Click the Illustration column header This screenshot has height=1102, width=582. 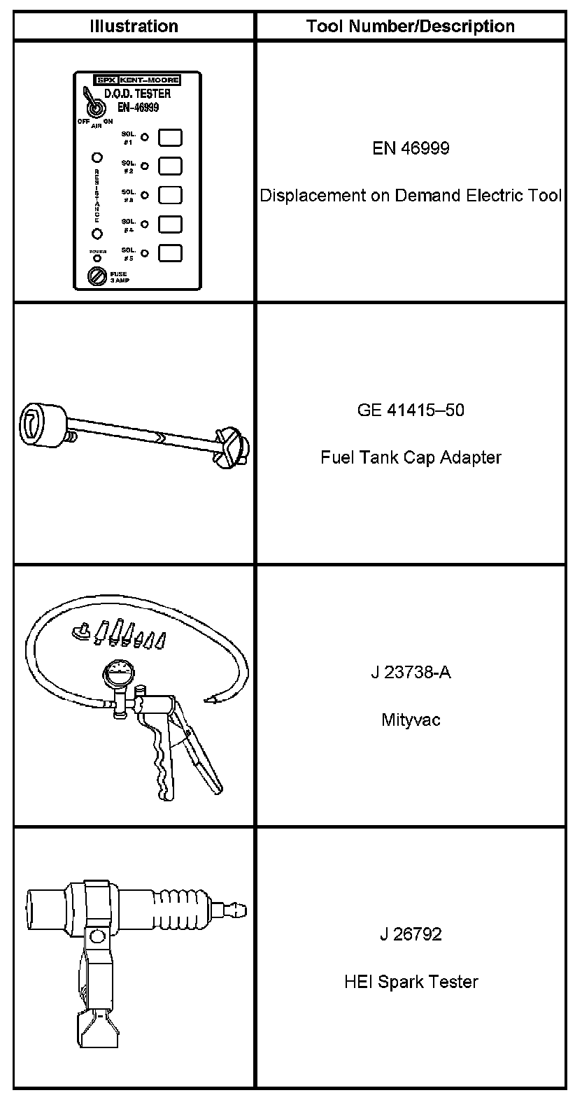point(134,27)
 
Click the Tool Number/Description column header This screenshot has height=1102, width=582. point(411,27)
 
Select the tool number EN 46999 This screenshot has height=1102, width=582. point(411,148)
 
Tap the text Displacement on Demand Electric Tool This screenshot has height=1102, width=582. point(411,196)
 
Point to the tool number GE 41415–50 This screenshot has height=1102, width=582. point(411,410)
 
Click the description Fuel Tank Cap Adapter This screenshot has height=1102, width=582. point(411,457)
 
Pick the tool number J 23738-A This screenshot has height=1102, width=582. point(411,673)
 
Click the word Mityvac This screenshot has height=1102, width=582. point(411,720)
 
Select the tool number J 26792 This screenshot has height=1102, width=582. point(411,934)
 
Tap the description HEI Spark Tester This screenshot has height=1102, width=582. point(411,982)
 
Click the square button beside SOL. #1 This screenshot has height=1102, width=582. point(170,137)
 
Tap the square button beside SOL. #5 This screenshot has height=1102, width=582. point(170,252)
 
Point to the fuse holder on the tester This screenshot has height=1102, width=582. point(96,278)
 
